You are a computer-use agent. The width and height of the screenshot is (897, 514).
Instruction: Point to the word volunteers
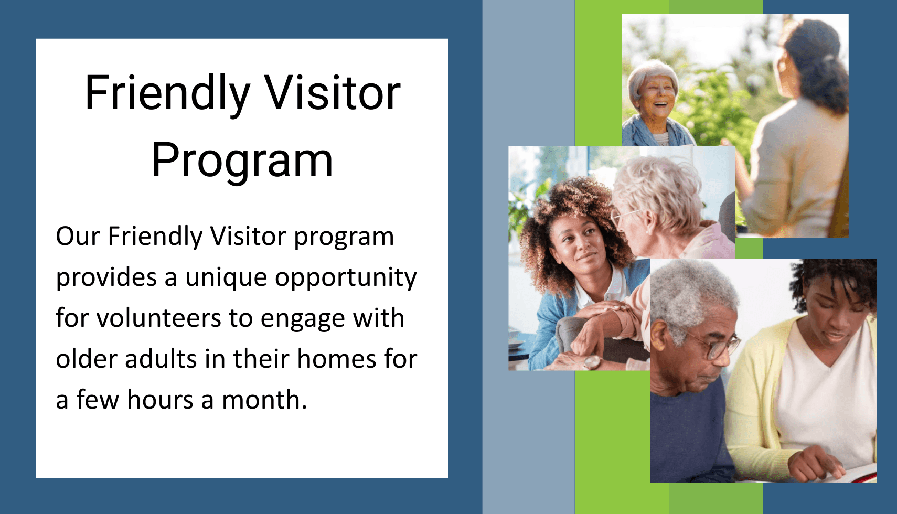tap(158, 318)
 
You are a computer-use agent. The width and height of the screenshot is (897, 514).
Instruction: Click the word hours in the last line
tap(160, 400)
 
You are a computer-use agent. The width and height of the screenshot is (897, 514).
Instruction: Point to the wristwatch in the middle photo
tap(592, 362)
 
